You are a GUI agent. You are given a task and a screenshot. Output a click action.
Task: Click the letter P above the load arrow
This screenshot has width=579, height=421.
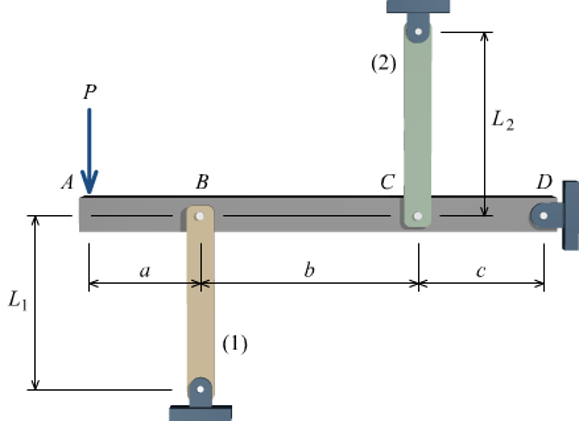click(90, 92)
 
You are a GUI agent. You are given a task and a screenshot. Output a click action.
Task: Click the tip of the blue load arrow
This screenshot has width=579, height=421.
click(89, 193)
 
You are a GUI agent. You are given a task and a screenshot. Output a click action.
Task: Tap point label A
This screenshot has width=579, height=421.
click(68, 182)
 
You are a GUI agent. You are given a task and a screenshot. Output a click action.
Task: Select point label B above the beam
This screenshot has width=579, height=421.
click(202, 182)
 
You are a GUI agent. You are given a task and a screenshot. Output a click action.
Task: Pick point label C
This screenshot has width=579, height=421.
click(387, 182)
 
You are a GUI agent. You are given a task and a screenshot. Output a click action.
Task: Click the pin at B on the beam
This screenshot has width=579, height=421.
click(200, 216)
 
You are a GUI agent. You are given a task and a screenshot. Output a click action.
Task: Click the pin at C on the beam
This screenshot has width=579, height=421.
click(418, 216)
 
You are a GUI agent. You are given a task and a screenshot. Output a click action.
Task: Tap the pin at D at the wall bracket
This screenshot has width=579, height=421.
click(543, 216)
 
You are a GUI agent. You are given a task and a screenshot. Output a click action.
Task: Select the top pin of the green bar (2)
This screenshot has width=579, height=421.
click(418, 31)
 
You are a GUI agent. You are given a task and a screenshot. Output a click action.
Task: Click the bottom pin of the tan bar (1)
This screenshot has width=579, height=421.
click(200, 389)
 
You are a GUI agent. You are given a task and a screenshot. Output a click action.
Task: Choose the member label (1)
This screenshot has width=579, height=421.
click(235, 344)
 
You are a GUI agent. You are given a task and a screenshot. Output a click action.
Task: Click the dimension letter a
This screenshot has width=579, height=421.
click(145, 272)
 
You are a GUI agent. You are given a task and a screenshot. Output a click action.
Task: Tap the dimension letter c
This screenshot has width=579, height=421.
click(481, 271)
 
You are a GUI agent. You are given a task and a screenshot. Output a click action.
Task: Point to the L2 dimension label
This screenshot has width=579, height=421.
click(503, 121)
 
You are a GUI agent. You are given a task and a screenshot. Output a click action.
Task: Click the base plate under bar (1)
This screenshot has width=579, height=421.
click(200, 413)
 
